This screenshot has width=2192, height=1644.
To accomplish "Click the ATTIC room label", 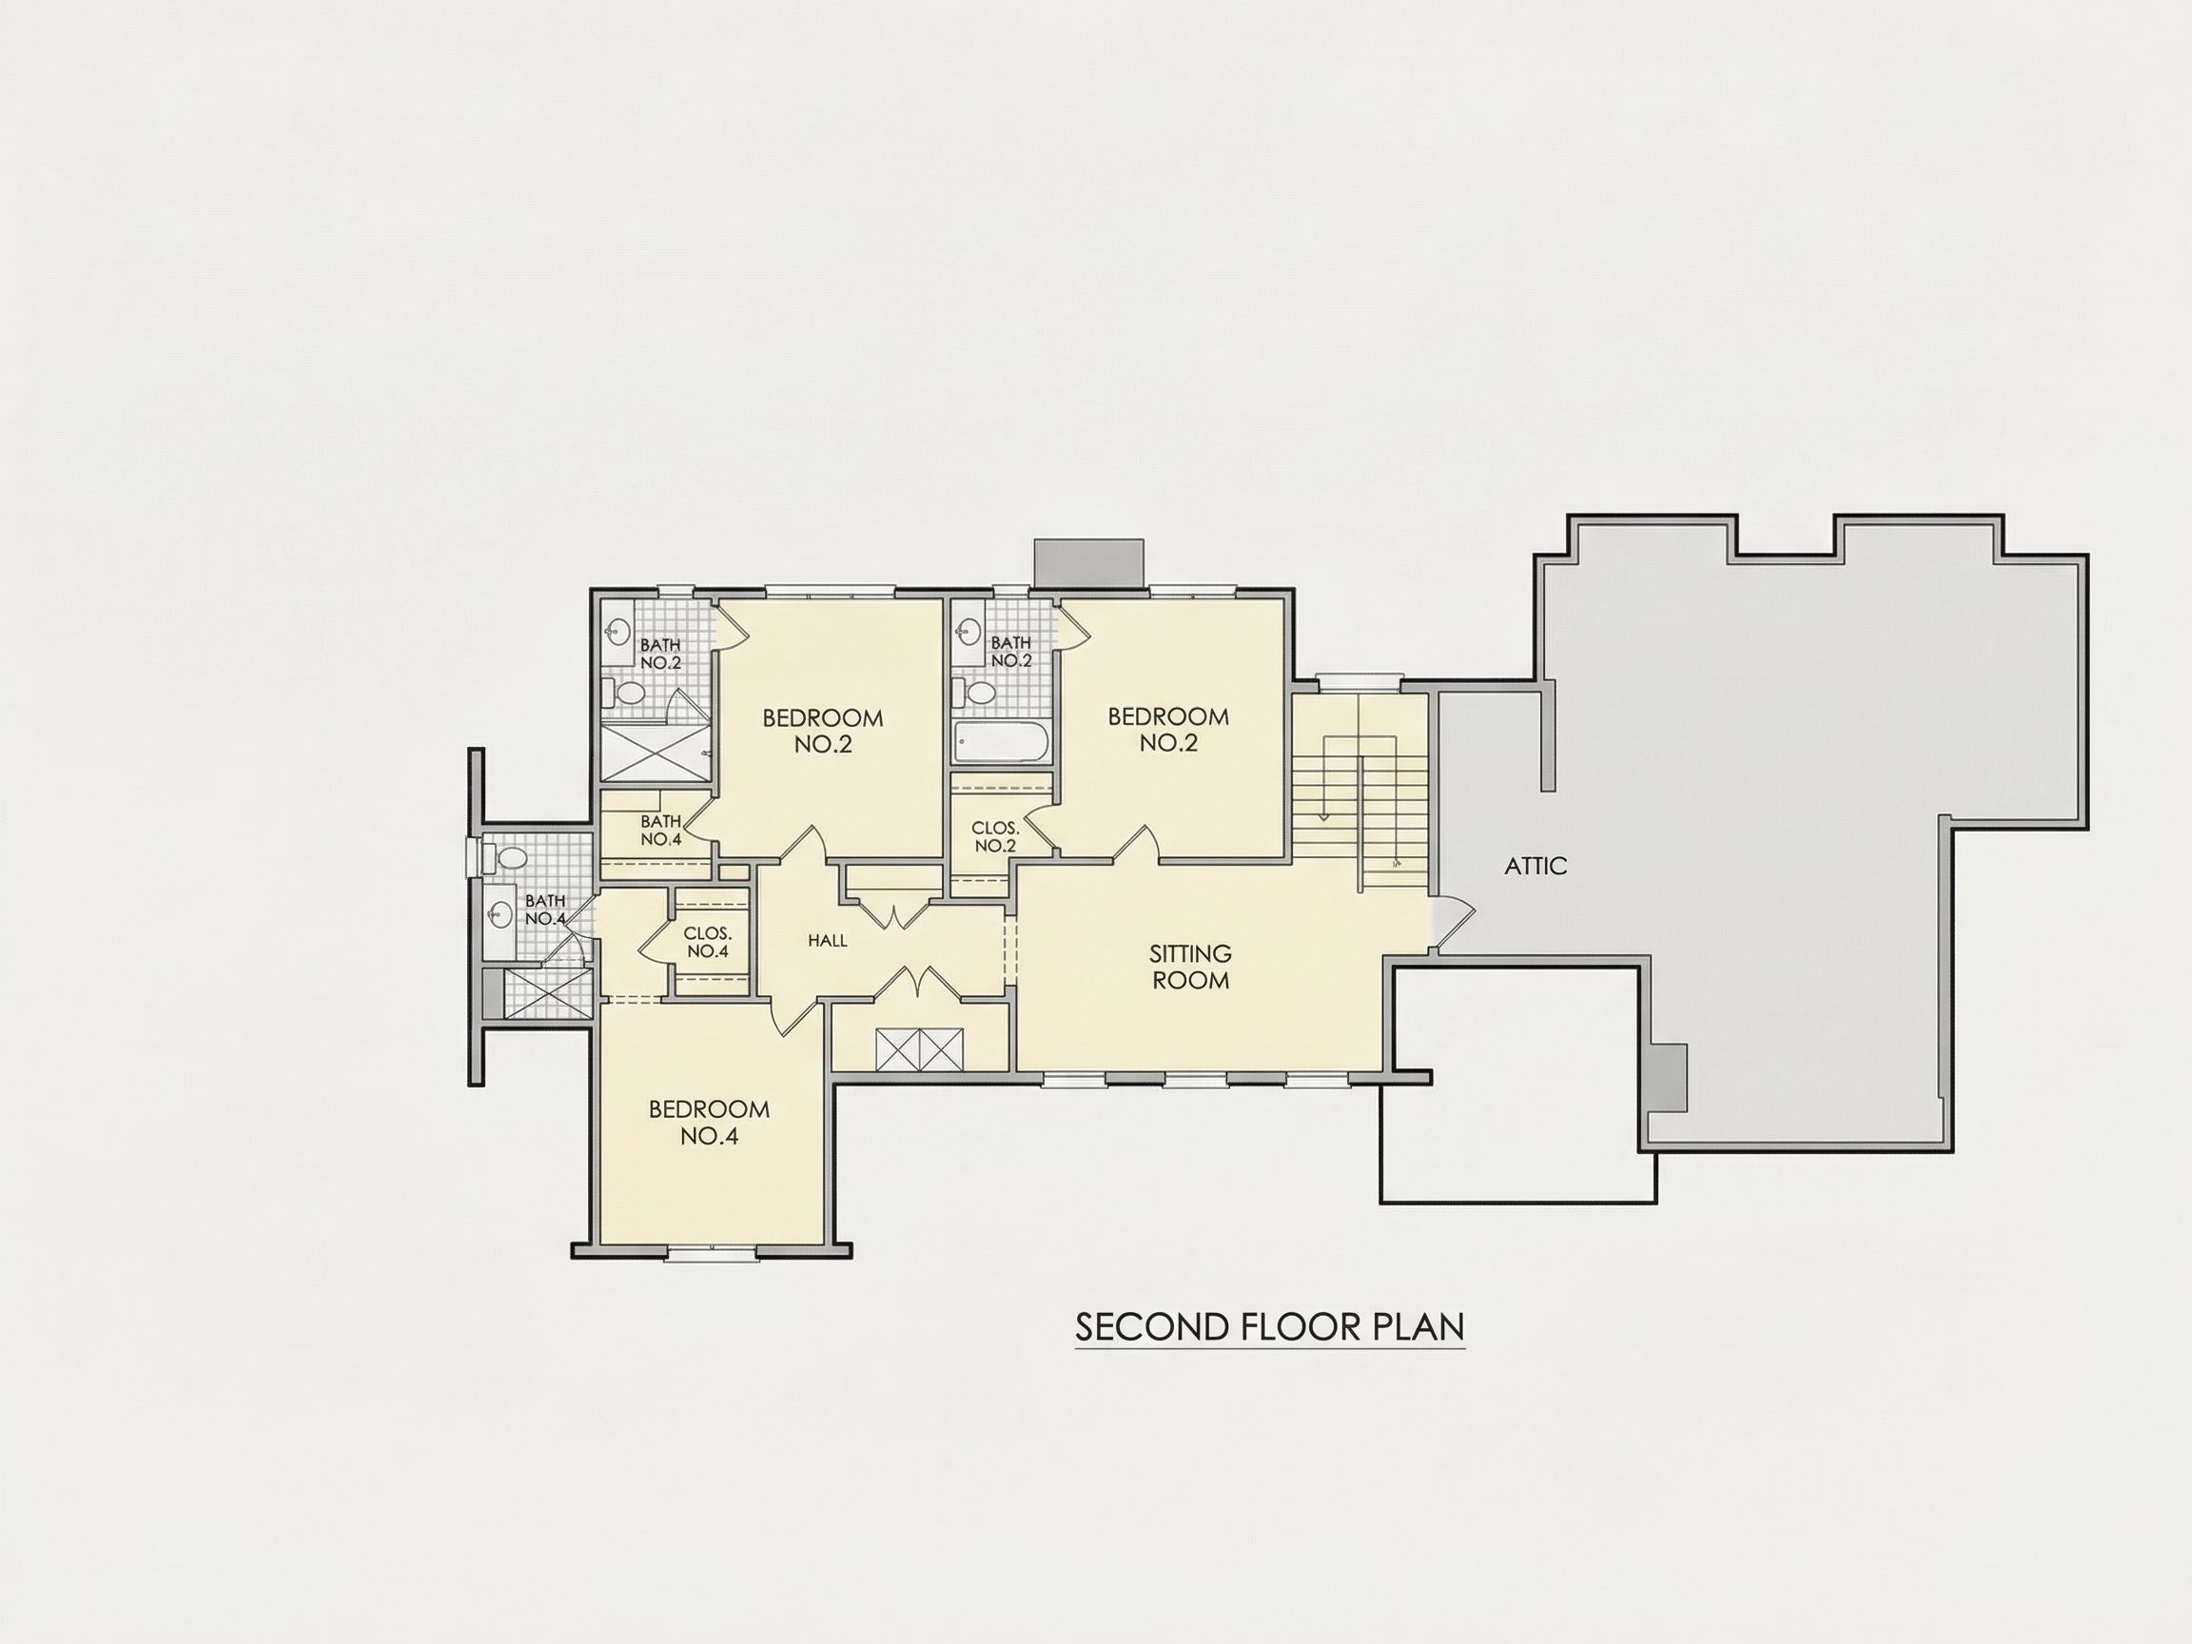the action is (1535, 866).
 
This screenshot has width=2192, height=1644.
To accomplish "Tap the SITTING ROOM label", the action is (1190, 967).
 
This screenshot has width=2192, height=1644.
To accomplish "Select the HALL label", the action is (828, 940).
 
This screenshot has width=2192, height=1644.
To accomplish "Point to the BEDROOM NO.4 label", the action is (710, 1123).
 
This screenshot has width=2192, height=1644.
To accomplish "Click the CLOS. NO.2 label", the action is (995, 837).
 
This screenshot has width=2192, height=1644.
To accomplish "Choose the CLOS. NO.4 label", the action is (708, 944).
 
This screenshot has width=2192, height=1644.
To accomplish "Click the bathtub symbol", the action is (998, 740).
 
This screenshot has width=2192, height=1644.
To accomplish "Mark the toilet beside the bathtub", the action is (980, 693).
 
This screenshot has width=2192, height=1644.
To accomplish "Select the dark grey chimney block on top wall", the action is (1088, 564).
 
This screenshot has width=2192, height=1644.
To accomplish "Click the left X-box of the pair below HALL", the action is (897, 1050).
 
